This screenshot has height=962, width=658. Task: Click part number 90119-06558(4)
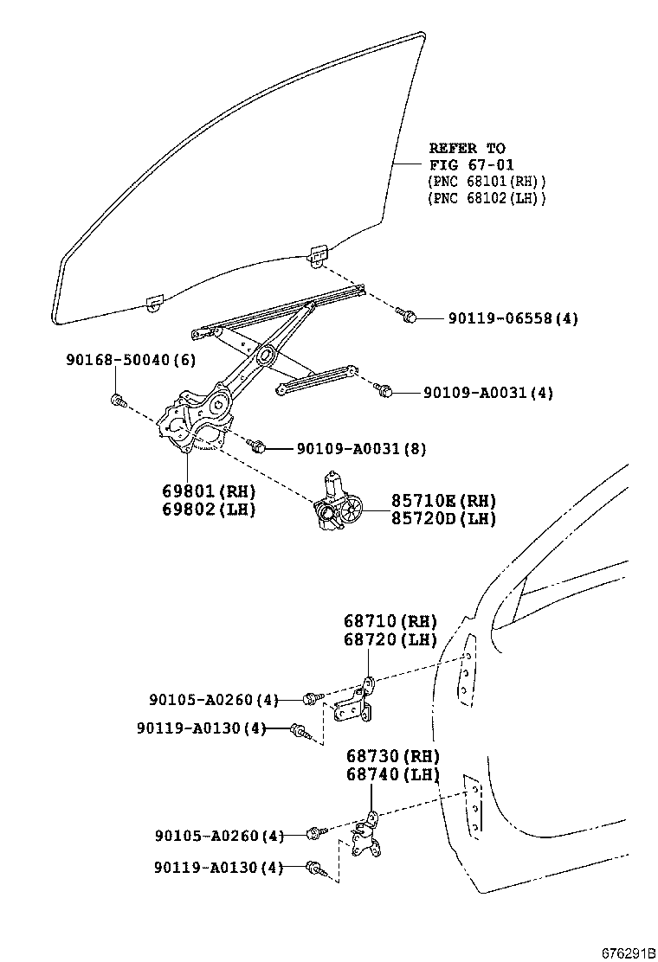click(x=513, y=318)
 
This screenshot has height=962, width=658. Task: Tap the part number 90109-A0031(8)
click(x=360, y=449)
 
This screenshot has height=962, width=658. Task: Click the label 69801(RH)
click(x=209, y=491)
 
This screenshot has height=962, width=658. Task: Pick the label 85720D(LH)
click(x=443, y=518)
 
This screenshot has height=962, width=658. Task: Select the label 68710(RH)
click(x=390, y=621)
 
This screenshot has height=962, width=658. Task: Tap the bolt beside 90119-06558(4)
click(x=409, y=317)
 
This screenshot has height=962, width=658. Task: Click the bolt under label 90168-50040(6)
click(x=119, y=400)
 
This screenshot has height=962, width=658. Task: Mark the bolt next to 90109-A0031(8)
click(x=255, y=446)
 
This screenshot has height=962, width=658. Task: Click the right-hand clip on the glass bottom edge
click(x=319, y=254)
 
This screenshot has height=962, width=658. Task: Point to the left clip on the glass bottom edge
click(x=155, y=302)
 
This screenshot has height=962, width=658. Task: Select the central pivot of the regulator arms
click(x=264, y=354)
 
